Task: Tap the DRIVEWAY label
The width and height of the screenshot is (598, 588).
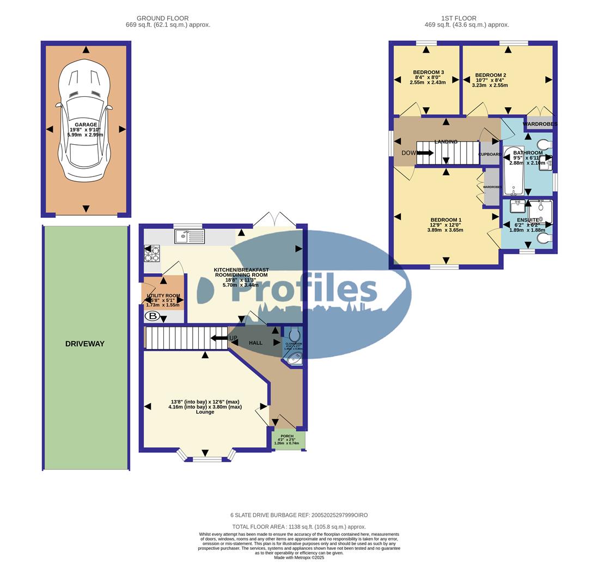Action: [x=85, y=344]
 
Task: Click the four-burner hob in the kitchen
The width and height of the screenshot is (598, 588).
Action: [x=152, y=253]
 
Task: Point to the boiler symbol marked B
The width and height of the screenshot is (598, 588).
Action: [x=152, y=316]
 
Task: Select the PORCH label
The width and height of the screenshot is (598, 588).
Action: [x=287, y=436]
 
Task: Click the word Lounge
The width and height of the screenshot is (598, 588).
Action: [x=205, y=412]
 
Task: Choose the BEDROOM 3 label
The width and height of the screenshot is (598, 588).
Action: [x=428, y=72]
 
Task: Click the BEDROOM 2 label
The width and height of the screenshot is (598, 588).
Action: [x=490, y=75]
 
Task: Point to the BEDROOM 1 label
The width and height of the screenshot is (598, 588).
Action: [x=446, y=220]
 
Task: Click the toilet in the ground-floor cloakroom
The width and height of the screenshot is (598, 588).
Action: [x=295, y=333]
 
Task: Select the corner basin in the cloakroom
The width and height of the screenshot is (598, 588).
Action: [x=295, y=358]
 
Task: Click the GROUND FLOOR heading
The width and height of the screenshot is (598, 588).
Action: [x=162, y=18]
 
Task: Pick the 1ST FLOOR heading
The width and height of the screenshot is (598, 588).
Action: [x=459, y=18]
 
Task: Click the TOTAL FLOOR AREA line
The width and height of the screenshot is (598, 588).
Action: [x=299, y=526]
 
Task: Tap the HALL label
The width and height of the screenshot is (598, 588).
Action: [x=255, y=343]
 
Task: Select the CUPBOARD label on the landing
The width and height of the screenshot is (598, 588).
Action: [x=490, y=154]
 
